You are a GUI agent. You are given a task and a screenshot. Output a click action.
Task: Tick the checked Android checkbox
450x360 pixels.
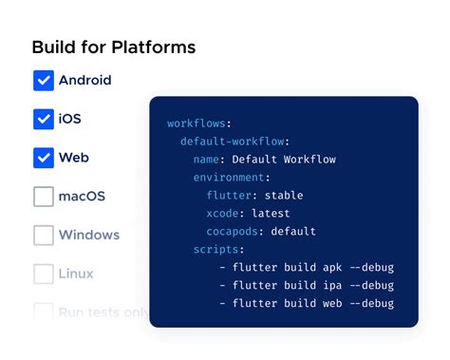point(44,81)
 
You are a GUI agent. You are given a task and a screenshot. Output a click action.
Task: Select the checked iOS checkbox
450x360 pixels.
point(44,120)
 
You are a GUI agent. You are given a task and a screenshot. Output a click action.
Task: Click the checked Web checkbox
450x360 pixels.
point(44,158)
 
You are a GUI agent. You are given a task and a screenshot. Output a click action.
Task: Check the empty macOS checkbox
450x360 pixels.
point(44,197)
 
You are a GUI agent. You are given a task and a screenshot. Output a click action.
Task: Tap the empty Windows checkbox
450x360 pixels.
point(44,235)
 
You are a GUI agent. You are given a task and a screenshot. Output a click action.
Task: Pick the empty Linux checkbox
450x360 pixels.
point(44,274)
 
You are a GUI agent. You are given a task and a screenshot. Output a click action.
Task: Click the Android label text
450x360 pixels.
point(85,81)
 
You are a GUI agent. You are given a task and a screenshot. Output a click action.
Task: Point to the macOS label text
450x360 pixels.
point(82,197)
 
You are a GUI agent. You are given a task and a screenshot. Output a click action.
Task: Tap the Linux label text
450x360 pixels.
point(76,274)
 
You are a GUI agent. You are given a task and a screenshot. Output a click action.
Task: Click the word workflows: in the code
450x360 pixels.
point(199,123)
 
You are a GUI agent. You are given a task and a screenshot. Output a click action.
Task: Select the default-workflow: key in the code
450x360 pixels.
point(228,142)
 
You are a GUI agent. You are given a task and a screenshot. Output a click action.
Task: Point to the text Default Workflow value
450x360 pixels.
point(284,160)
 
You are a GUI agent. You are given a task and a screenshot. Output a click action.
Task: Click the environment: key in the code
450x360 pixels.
point(233,178)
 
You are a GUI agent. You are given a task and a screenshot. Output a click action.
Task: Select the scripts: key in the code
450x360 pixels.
point(219,250)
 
